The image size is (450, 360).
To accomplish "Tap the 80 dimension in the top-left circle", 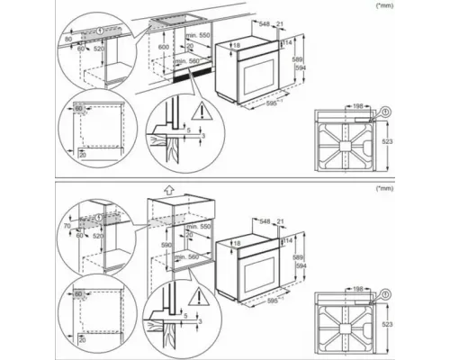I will [x=67, y=40].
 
